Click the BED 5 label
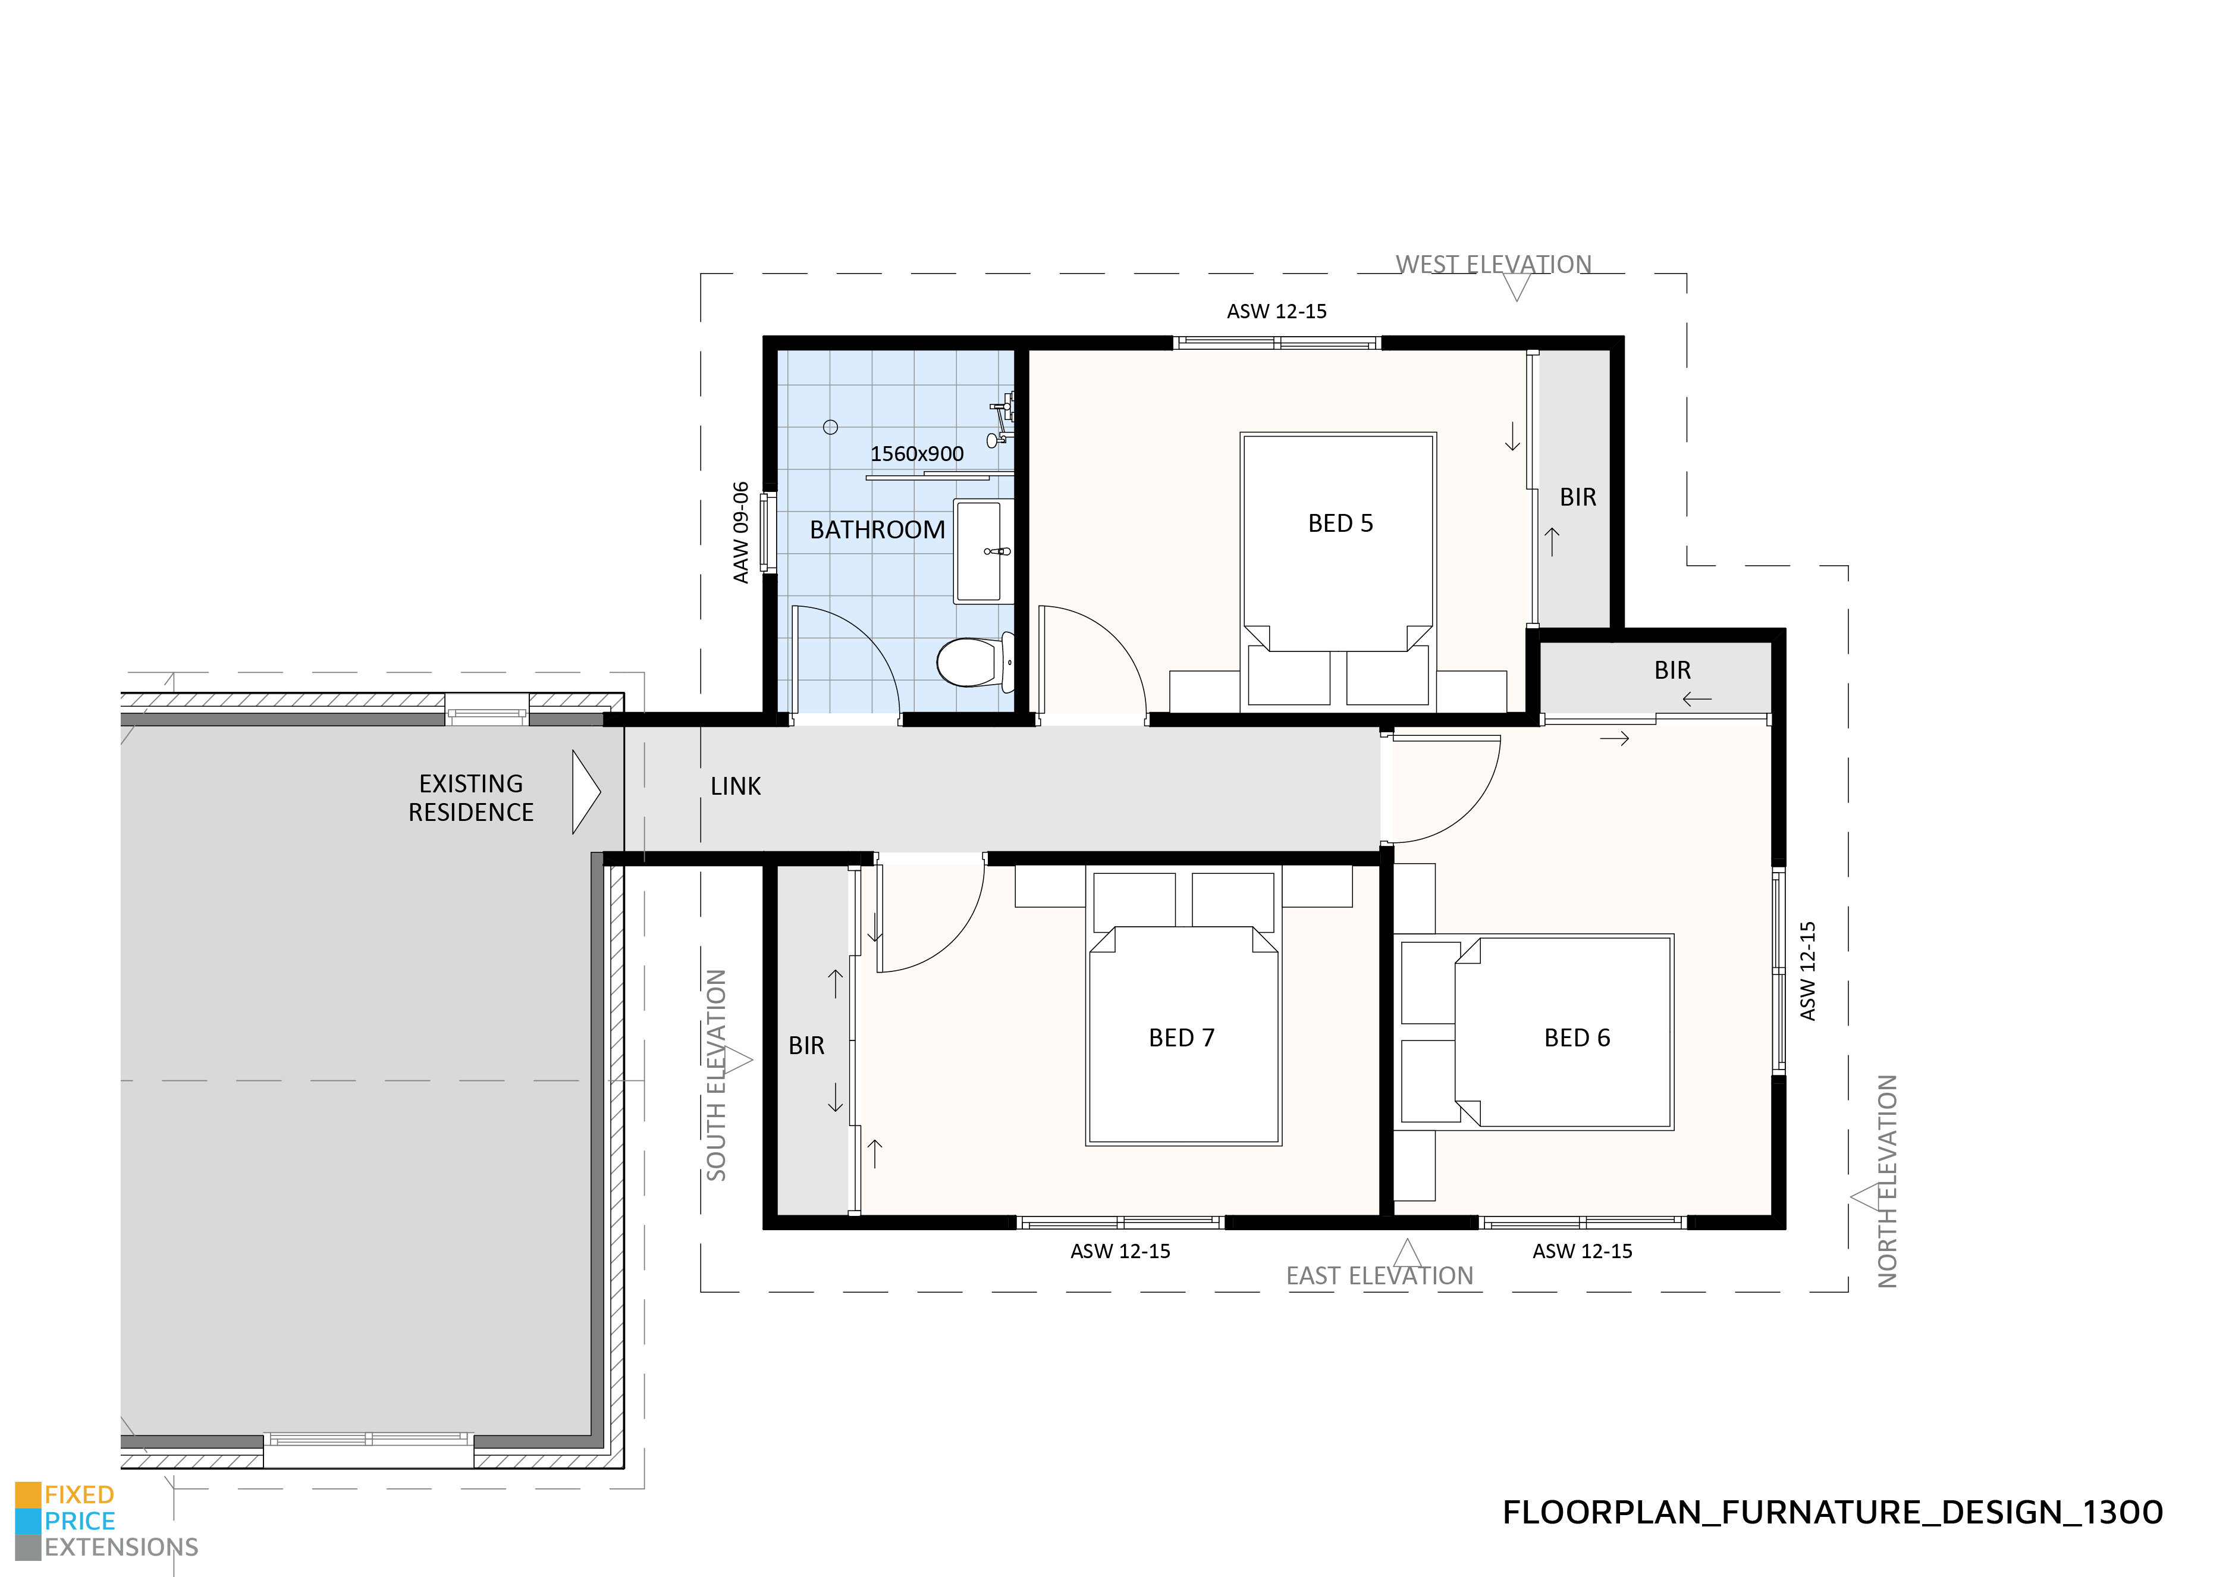click(x=1340, y=523)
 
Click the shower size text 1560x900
click(x=916, y=453)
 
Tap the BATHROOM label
click(x=877, y=530)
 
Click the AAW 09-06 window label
click(x=741, y=532)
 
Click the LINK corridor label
click(x=735, y=786)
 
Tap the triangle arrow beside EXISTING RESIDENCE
click(x=585, y=792)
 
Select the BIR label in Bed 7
click(x=806, y=1046)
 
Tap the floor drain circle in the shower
click(x=830, y=427)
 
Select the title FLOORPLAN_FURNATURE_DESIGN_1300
click(x=1832, y=1512)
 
